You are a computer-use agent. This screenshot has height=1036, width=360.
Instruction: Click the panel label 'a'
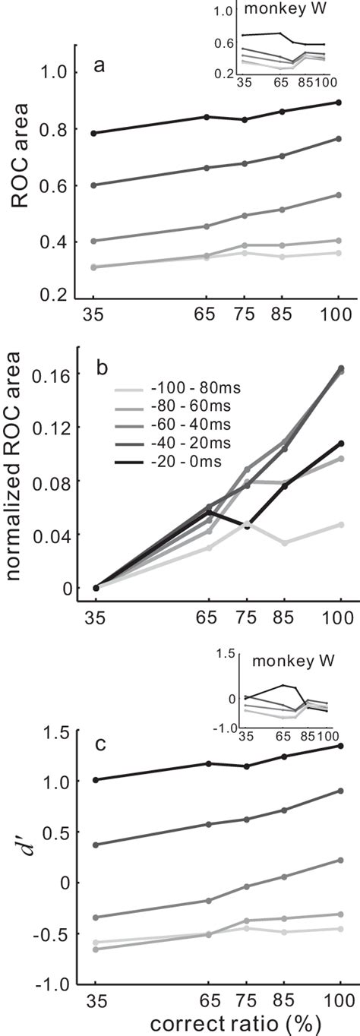(x=99, y=66)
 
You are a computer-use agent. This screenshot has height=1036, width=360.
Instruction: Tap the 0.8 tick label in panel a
(x=60, y=129)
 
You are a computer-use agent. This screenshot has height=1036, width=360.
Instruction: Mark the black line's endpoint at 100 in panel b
(x=340, y=443)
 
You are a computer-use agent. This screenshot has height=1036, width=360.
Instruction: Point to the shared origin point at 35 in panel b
(x=95, y=587)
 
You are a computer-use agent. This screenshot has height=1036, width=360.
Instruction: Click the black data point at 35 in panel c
(x=95, y=779)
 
